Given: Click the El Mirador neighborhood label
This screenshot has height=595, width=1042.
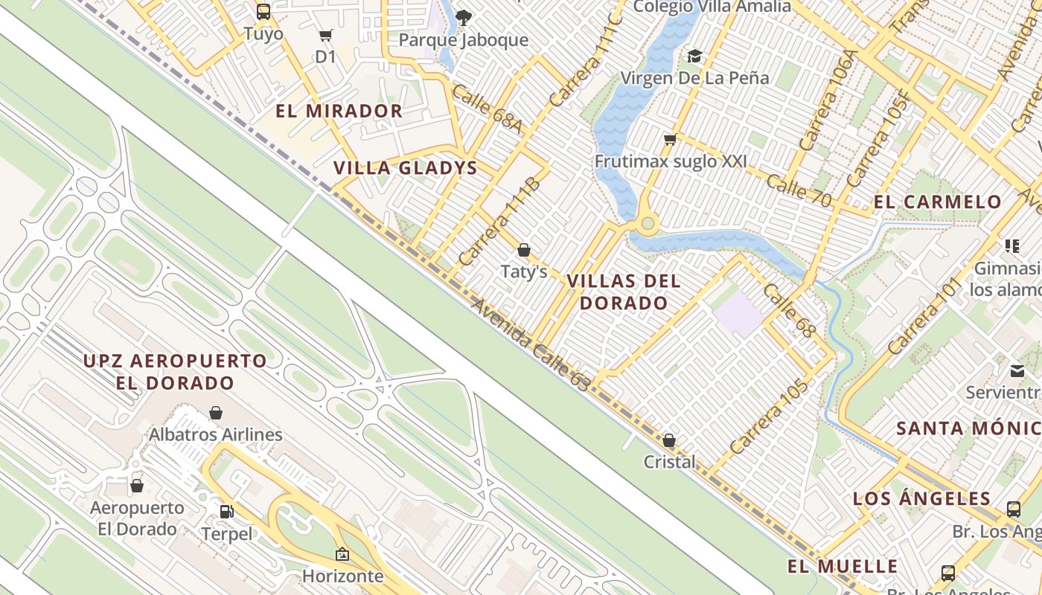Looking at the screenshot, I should (x=339, y=112).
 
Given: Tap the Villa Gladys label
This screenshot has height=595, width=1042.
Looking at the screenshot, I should (x=405, y=168).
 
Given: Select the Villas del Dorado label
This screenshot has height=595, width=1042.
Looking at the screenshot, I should (x=624, y=292).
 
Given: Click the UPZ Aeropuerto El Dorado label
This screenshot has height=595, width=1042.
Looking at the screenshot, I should (x=175, y=372).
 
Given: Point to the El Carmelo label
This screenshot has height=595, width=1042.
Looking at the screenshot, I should (x=938, y=202).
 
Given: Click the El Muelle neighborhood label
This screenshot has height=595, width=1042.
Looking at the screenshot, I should (x=843, y=567).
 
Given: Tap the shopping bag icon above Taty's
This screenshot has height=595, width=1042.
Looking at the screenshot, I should (x=524, y=250).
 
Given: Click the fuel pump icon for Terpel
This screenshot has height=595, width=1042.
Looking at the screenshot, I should (x=226, y=512).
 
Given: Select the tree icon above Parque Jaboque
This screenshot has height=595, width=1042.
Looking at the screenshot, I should (x=464, y=16).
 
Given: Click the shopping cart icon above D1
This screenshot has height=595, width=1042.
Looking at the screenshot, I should (x=325, y=35).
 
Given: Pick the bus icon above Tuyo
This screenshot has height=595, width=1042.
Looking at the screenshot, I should (x=263, y=11).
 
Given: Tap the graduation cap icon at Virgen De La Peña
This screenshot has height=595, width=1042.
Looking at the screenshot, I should (x=694, y=56).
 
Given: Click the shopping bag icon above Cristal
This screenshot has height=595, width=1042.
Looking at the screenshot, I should (x=669, y=440).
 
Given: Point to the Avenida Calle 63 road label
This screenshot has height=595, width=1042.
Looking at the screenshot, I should (x=531, y=344).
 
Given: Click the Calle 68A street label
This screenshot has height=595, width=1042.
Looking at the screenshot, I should (x=487, y=109).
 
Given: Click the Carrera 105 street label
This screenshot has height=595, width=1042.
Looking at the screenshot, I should (x=769, y=417).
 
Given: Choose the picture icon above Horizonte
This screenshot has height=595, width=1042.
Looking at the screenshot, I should (x=342, y=554).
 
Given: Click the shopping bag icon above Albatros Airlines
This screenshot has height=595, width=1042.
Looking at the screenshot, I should (x=216, y=412).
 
